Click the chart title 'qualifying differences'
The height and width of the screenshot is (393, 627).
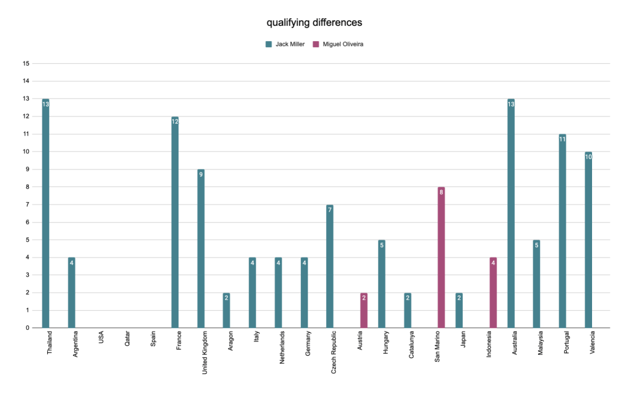[x=314, y=23]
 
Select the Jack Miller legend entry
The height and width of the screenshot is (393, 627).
[x=285, y=44]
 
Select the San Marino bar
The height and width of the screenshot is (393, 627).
[x=441, y=258]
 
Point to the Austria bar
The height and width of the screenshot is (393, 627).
[x=363, y=310]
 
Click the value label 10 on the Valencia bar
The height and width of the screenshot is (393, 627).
[x=588, y=157]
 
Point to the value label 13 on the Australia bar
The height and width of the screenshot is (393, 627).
[x=511, y=104]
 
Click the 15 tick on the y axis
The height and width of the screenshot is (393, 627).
[x=26, y=63]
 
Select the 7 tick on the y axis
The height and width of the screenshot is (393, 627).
[x=26, y=204]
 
